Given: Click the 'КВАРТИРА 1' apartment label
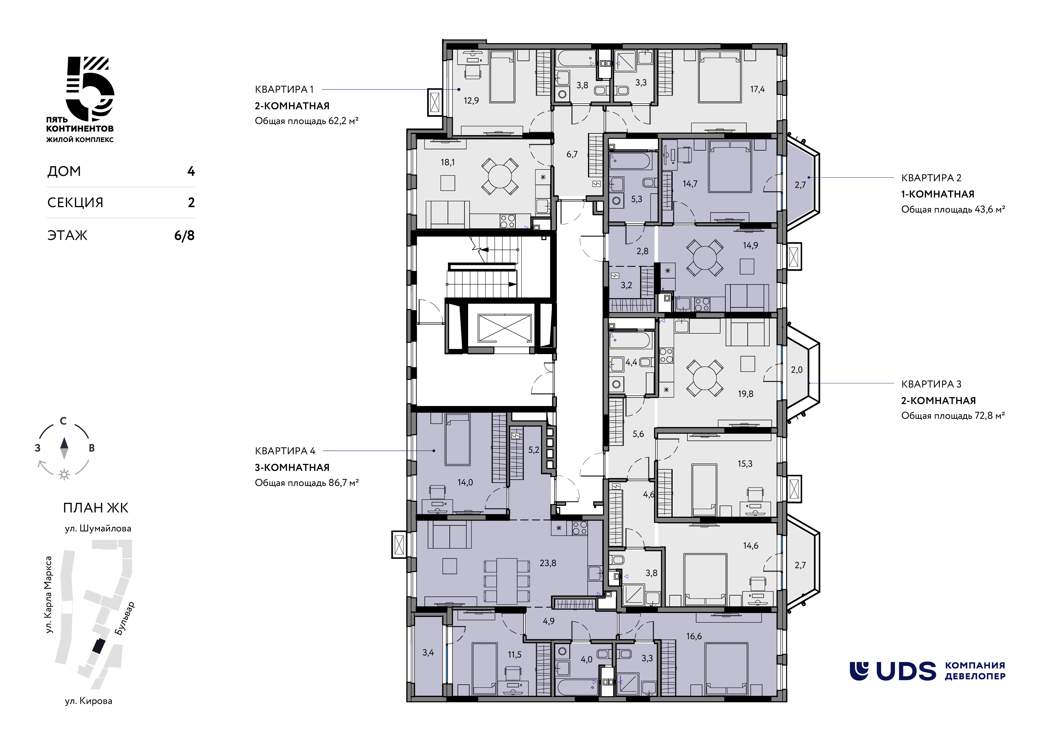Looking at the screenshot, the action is [x=284, y=89].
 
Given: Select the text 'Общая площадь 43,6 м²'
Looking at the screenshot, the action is [x=953, y=210].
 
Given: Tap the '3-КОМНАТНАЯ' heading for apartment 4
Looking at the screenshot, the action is [x=292, y=468].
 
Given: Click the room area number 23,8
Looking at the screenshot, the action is [x=548, y=563].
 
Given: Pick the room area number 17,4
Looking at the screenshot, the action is [x=757, y=89].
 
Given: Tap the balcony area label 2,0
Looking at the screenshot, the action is [x=796, y=370].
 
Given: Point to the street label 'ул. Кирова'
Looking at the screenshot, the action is [x=88, y=701].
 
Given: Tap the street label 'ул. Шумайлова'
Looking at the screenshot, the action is [x=98, y=528].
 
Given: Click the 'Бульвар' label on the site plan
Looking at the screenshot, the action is [x=124, y=618].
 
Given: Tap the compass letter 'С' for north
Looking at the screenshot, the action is [x=64, y=421].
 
